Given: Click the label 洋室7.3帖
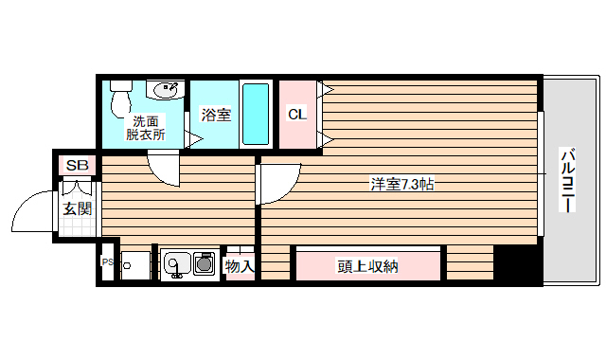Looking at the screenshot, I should coord(401,185).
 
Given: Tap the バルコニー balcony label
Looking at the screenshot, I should coord(567,180).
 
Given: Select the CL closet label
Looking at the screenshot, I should coord(296,115).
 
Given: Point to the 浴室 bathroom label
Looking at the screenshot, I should coord(216,116).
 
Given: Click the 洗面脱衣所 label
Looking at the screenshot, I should coord(146,127).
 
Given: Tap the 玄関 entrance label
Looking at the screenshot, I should coord(77,208).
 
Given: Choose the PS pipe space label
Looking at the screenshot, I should coord(106,262).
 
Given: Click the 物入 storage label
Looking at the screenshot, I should coord(239,266).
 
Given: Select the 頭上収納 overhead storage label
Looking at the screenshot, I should coord(367,266).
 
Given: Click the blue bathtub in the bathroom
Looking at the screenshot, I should coord(256,115).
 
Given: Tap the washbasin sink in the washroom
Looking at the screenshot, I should coord(168,91).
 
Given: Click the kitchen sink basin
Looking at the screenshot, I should coord(174,263).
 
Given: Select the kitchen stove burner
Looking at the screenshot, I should coord(205,264).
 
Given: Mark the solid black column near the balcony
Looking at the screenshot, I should coord(518,264).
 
